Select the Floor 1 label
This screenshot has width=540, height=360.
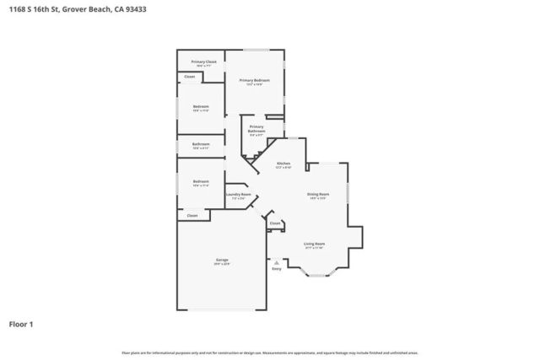21,324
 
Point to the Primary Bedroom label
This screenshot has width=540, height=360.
254,80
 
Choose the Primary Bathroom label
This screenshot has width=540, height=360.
256,129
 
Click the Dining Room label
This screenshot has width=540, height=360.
317,194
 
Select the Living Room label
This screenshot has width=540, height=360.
315,244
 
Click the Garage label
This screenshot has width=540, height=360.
222,260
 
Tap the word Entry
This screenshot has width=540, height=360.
276,269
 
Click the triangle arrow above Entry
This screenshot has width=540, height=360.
276,262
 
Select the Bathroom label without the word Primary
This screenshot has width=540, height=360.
201,144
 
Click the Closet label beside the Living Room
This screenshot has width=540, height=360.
275,223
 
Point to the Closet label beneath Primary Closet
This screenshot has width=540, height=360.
190,77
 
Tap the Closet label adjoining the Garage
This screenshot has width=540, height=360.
192,215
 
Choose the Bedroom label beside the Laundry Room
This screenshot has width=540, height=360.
201,181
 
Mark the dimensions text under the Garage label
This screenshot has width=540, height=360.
222,264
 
